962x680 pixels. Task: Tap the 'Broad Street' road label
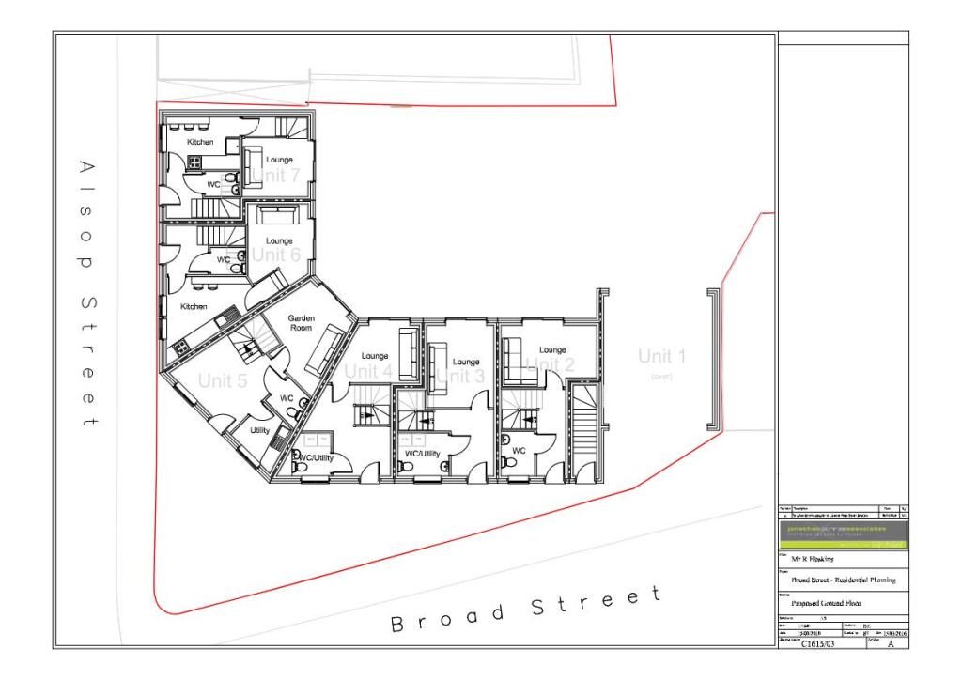tap(526, 610)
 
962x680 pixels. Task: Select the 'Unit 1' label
tap(662, 356)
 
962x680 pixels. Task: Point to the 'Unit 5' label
tap(223, 380)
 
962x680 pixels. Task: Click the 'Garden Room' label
tap(301, 322)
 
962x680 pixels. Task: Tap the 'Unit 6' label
tap(276, 255)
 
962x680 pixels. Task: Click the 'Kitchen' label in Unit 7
tap(200, 142)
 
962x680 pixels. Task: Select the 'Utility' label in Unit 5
tap(260, 430)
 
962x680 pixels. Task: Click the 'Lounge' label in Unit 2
tap(552, 350)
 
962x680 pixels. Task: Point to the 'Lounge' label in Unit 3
tap(466, 362)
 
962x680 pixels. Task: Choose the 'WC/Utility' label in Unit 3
tap(422, 453)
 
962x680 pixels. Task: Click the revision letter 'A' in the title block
tap(891, 645)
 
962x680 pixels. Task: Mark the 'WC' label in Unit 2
tap(519, 451)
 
